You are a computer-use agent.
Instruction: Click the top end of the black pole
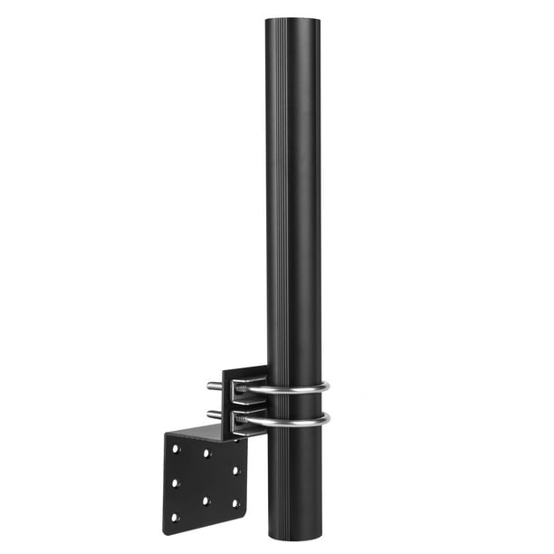293,20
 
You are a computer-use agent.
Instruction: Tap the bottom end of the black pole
295,538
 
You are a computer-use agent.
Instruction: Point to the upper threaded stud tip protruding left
210,386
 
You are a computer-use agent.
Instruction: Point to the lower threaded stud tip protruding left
210,415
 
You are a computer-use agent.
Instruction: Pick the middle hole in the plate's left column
175,482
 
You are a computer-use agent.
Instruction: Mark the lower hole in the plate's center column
206,499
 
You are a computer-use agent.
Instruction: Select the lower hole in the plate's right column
236,502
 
